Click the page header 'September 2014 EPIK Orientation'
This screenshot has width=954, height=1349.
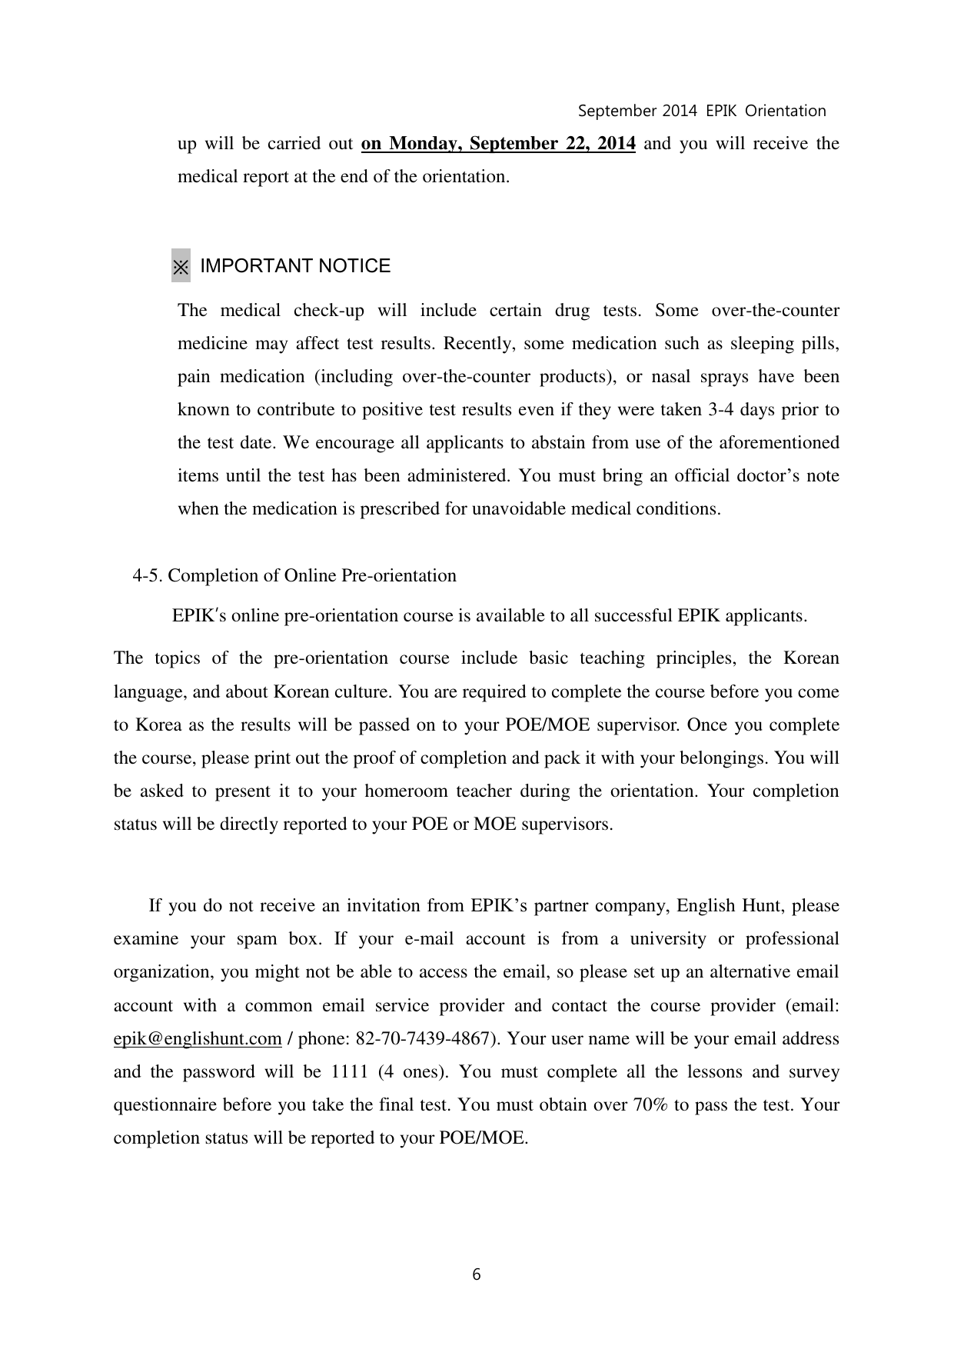tap(701, 111)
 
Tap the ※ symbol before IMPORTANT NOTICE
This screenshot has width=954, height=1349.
tap(181, 266)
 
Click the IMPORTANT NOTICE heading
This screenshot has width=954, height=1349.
tap(295, 266)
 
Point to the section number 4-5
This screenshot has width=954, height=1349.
tap(148, 576)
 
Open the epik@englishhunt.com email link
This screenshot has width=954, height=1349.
tap(198, 1039)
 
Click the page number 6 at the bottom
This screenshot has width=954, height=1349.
tap(477, 1274)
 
